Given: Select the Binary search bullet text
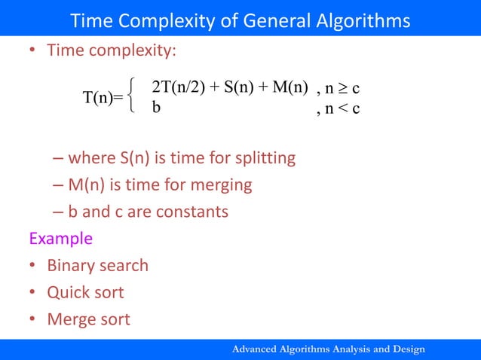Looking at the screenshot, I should [97, 266].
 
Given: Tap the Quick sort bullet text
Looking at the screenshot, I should [85, 292].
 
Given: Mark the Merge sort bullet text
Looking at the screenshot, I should [88, 319].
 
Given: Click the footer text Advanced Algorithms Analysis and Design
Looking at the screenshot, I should [329, 349].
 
